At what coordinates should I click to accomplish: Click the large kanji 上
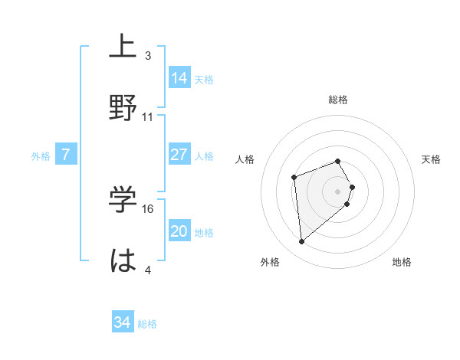pyautogui.click(x=123, y=47)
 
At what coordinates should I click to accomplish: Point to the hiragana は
pyautogui.click(x=123, y=260)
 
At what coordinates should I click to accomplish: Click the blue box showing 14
pyautogui.click(x=179, y=78)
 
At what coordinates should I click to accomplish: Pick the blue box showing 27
pyautogui.click(x=179, y=155)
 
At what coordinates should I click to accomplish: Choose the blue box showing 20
pyautogui.click(x=179, y=232)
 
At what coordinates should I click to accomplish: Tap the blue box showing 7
pyautogui.click(x=66, y=155)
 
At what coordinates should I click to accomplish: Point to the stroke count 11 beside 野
pyautogui.click(x=148, y=117)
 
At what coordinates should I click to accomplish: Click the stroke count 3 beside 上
pyautogui.click(x=148, y=56)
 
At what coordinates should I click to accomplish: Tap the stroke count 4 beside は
pyautogui.click(x=148, y=270)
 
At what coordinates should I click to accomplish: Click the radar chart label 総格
pyautogui.click(x=338, y=100)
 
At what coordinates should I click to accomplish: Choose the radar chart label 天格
pyautogui.click(x=432, y=159)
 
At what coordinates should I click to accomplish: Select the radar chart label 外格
pyautogui.click(x=270, y=262)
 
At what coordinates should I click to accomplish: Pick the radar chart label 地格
pyautogui.click(x=402, y=262)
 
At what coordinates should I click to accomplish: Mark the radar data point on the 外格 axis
pyautogui.click(x=302, y=242)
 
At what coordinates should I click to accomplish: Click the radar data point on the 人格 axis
pyautogui.click(x=294, y=178)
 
